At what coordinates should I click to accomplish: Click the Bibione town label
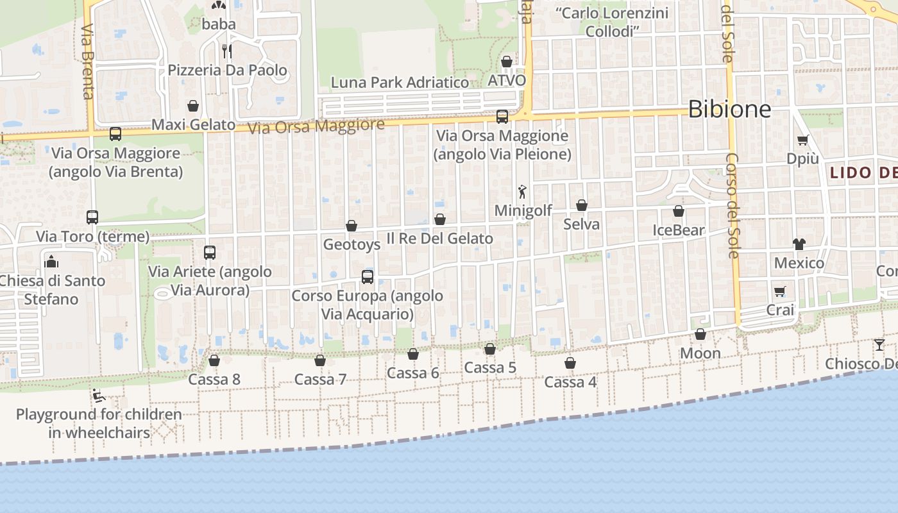(x=729, y=110)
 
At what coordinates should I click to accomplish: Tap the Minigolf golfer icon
(x=523, y=191)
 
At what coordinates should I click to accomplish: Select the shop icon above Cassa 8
(x=214, y=361)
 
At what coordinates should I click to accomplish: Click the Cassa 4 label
(x=570, y=382)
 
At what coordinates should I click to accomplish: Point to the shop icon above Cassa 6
(x=413, y=354)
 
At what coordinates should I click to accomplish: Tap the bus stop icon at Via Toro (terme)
(x=92, y=217)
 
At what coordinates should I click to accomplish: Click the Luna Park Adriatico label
(x=400, y=83)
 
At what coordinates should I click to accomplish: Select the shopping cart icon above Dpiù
(x=802, y=140)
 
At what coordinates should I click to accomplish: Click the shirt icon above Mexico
(x=799, y=244)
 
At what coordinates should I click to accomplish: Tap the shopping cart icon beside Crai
(x=780, y=292)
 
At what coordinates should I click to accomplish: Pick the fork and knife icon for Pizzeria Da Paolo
(x=226, y=51)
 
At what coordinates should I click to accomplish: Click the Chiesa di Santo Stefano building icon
(x=51, y=261)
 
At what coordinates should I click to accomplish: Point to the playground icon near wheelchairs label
(x=98, y=395)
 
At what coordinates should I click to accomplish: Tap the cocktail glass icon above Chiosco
(x=879, y=345)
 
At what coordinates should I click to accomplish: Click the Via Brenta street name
(x=89, y=62)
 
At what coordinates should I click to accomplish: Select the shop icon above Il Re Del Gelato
(x=440, y=220)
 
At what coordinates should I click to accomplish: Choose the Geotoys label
(x=352, y=244)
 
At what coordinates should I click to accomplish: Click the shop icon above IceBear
(x=679, y=211)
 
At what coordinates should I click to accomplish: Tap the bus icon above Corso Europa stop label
(x=368, y=277)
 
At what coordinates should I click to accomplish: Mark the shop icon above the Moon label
(x=700, y=334)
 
